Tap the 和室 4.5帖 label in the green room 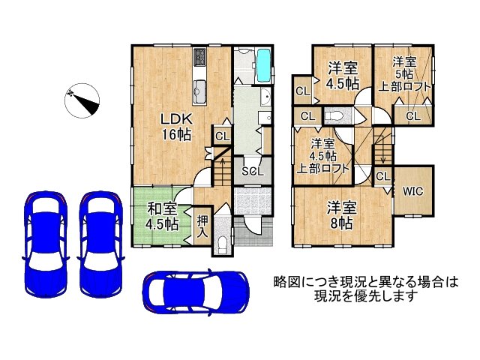tap(162, 216)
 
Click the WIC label tap(412, 190)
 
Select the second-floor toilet tap(334, 116)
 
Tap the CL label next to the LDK tap(222, 136)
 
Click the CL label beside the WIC tap(382, 176)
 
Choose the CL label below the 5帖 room tap(412, 115)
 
